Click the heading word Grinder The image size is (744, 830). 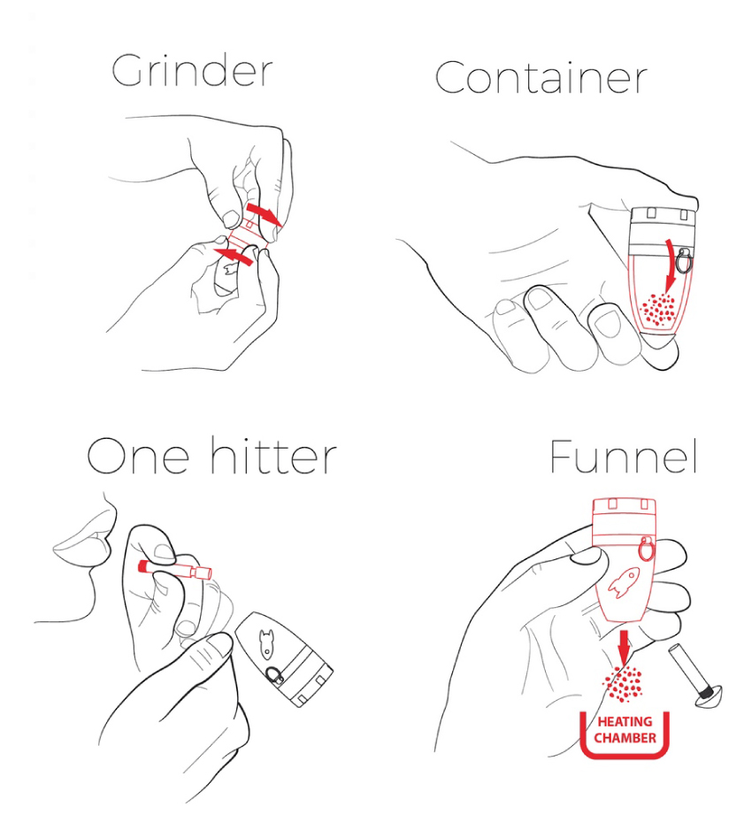click(192, 72)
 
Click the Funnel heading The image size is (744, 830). click(623, 457)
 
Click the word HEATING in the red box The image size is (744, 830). click(624, 722)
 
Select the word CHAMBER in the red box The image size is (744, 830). click(625, 738)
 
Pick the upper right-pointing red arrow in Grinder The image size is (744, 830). click(265, 214)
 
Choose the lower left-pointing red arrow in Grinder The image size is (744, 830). click(234, 257)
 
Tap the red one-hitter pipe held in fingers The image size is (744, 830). click(174, 567)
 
